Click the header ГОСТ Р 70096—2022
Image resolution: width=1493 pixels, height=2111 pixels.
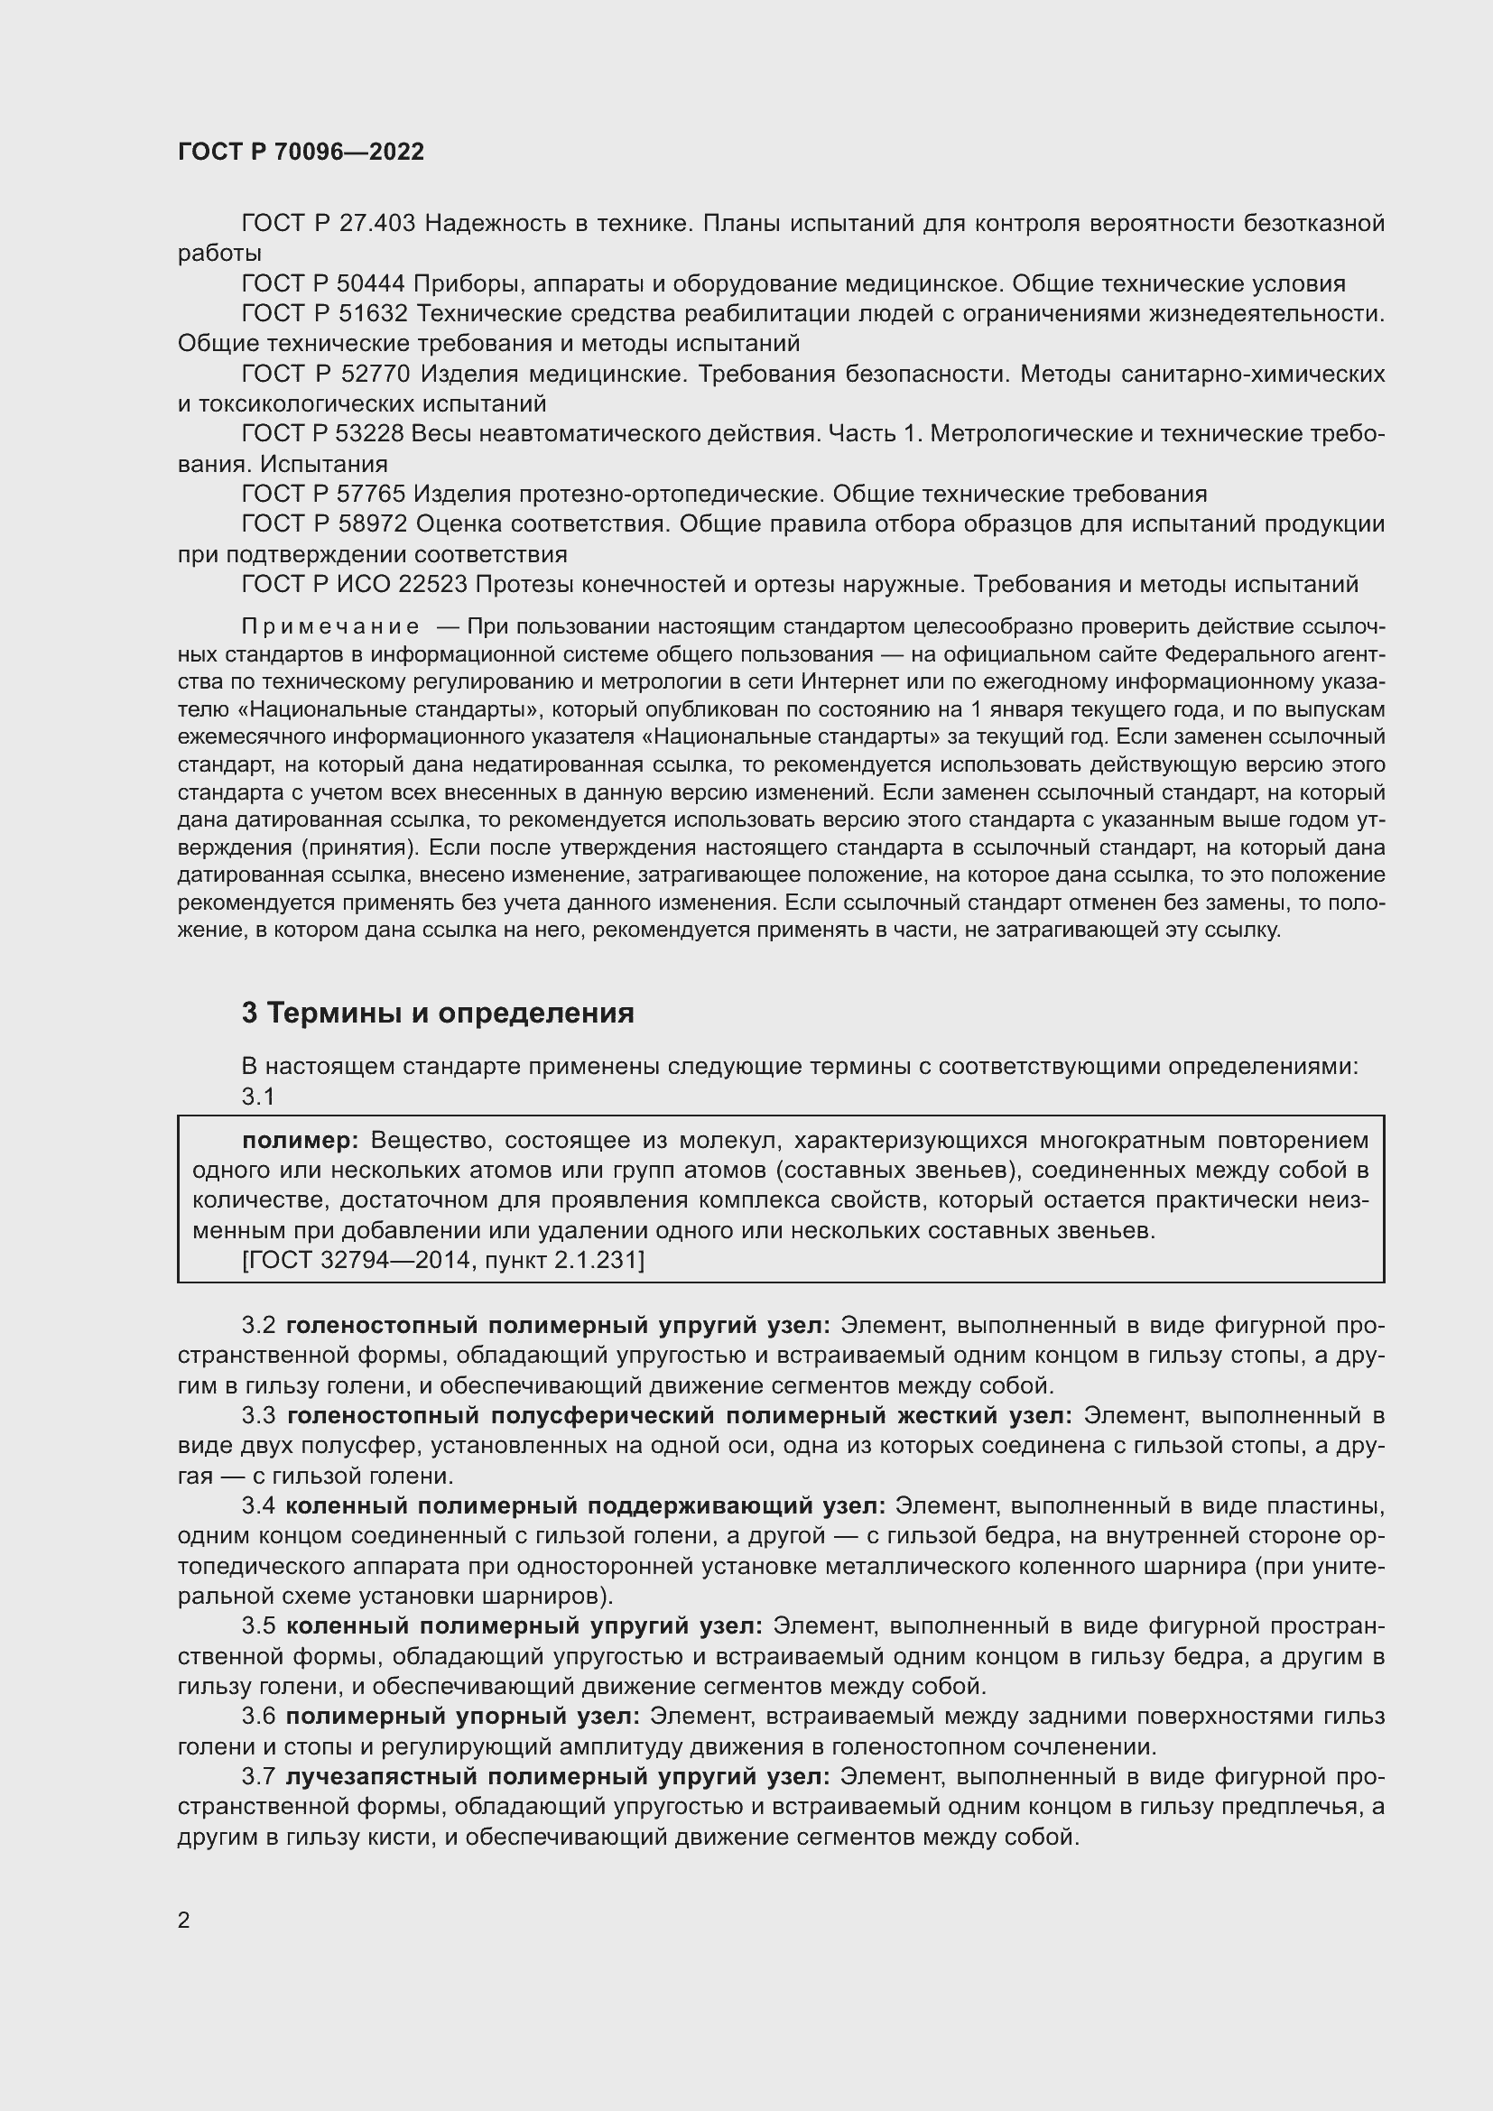click(301, 152)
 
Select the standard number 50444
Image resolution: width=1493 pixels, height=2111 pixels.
click(372, 284)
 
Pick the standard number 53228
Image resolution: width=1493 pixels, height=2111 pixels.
click(369, 434)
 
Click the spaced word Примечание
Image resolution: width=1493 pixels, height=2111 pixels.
click(330, 627)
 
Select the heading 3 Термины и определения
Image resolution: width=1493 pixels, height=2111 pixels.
click(438, 1014)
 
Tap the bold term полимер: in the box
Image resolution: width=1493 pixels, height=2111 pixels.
click(301, 1141)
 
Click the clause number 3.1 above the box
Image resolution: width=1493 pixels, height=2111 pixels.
click(258, 1096)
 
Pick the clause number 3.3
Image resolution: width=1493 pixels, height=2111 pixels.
click(258, 1415)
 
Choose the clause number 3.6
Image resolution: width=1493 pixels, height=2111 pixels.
click(258, 1717)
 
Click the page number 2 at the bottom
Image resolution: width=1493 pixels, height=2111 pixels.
click(184, 1921)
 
